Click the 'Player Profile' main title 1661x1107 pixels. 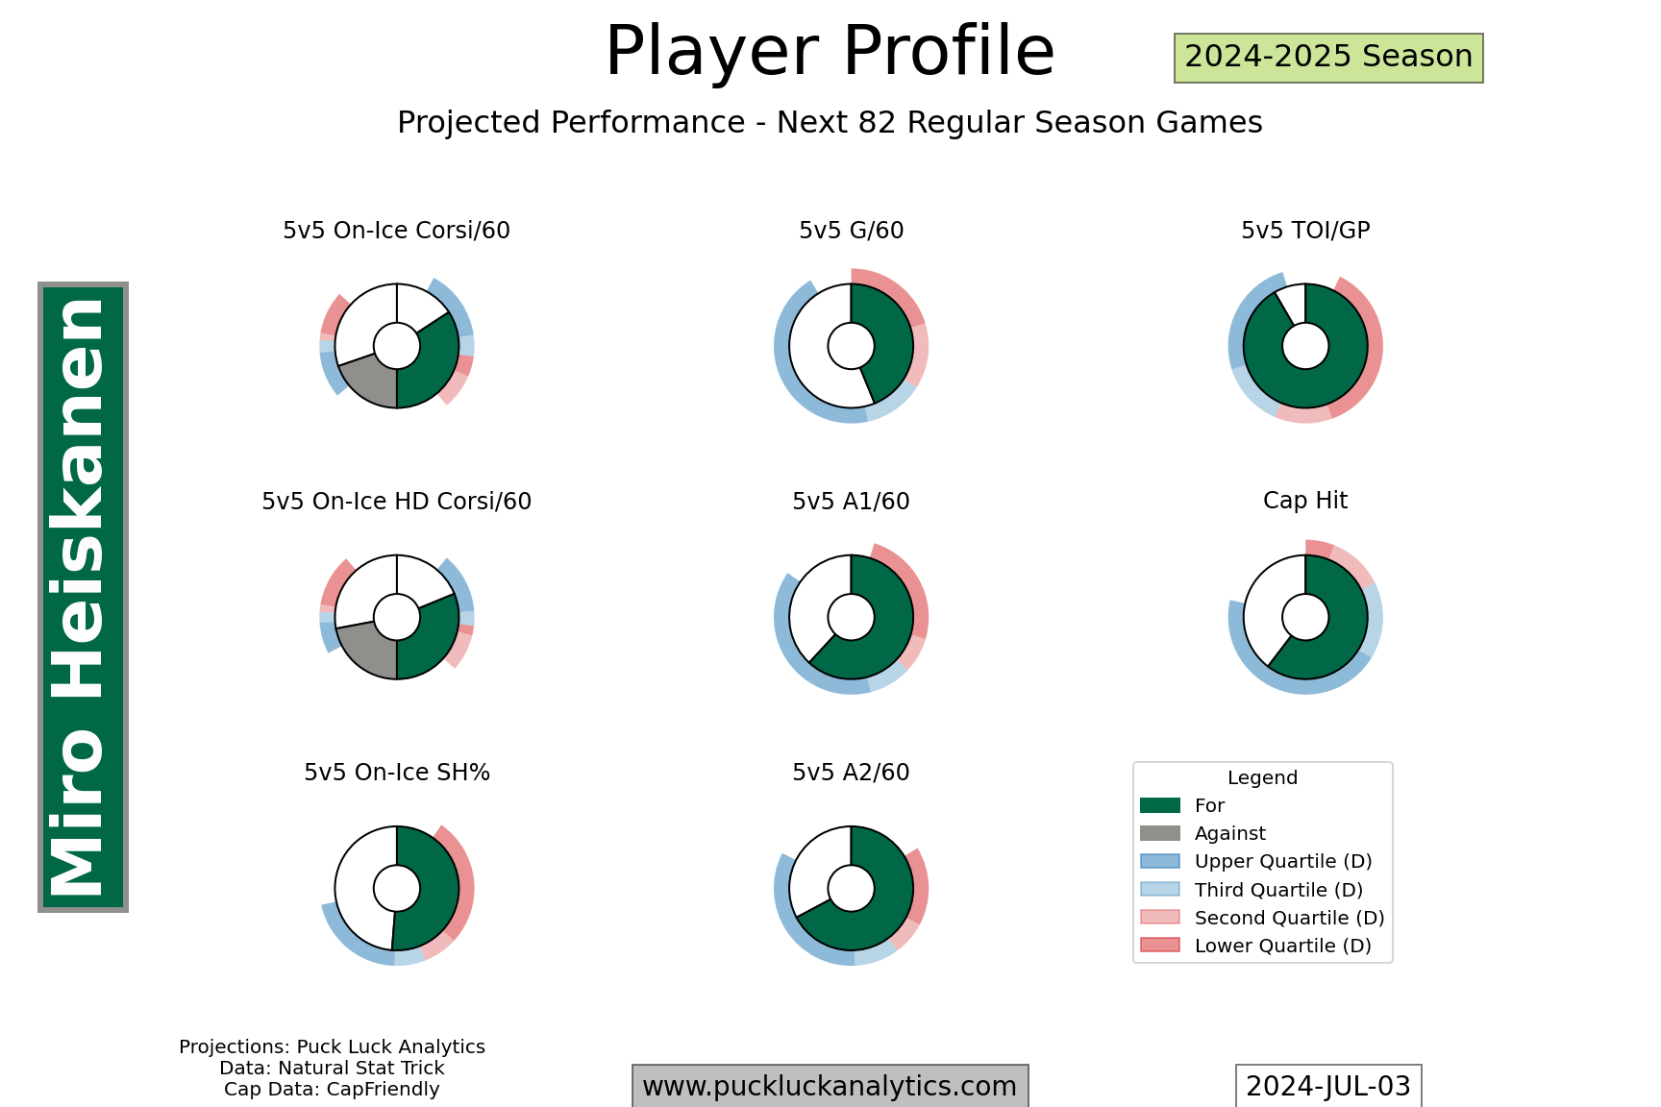pos(830,51)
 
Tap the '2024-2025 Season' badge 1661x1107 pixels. pos(1328,58)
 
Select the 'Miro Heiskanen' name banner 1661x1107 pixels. pos(83,597)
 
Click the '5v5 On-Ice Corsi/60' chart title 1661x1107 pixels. pos(396,231)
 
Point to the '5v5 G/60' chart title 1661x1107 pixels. pos(851,231)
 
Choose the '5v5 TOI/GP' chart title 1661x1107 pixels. pos(1305,231)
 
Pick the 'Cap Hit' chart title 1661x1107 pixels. pos(1305,501)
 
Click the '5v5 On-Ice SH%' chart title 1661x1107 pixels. pos(397,773)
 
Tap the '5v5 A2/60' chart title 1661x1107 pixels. pos(851,773)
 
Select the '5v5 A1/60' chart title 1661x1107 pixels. pos(851,502)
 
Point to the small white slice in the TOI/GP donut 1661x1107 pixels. pos(1293,303)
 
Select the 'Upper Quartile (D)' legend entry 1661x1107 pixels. pos(1255,861)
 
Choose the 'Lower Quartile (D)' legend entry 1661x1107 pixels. pos(1255,946)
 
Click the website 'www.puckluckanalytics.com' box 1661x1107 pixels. pos(830,1087)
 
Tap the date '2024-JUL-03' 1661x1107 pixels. pos(1328,1087)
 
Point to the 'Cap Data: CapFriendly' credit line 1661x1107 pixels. pos(332,1090)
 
